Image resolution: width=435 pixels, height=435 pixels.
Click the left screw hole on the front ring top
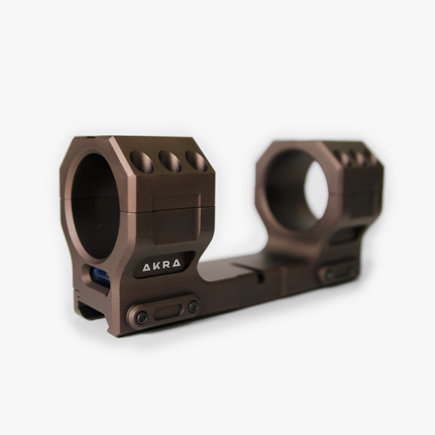[x=142, y=161]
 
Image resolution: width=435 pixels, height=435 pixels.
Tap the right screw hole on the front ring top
[x=196, y=160]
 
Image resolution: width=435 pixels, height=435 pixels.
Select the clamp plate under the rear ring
[x=338, y=273]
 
